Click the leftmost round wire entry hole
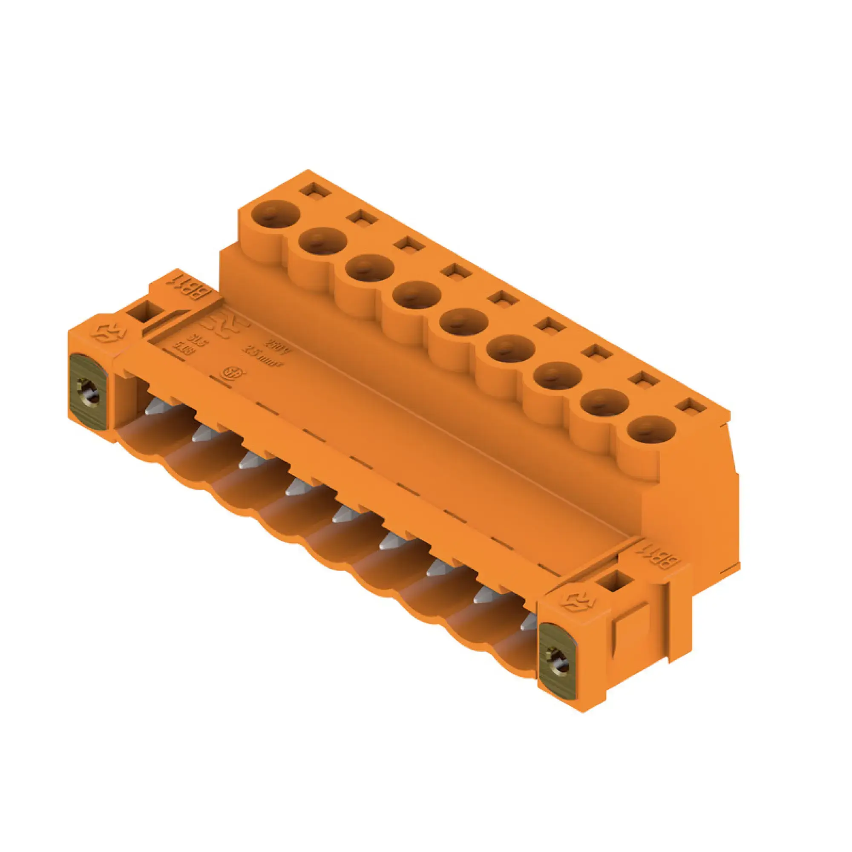click(x=276, y=214)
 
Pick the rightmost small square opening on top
click(x=692, y=406)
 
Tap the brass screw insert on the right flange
click(x=557, y=660)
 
